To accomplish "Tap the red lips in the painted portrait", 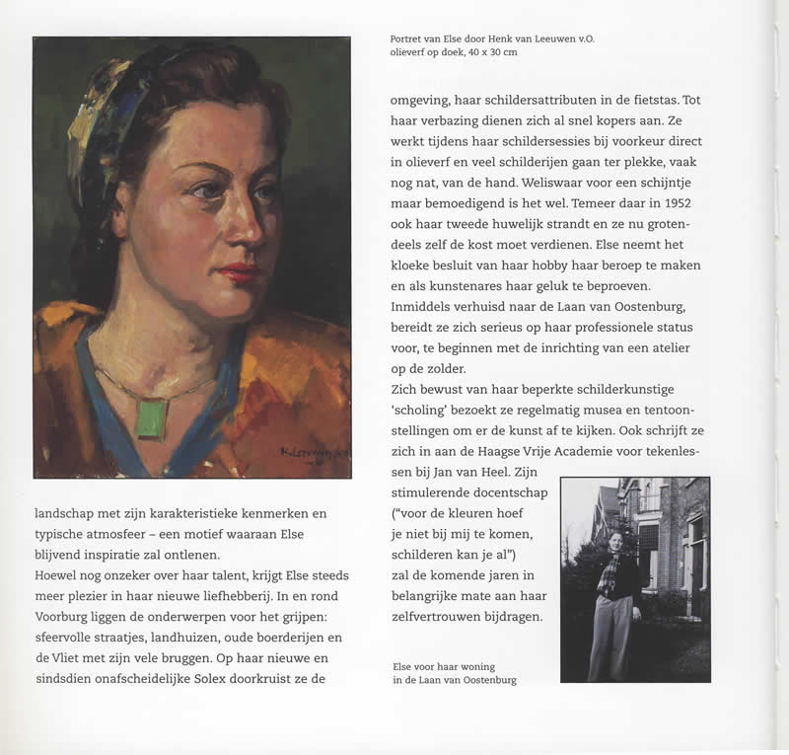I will tap(240, 270).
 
